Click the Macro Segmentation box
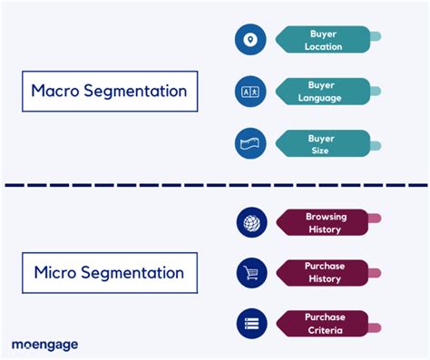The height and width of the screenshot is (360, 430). click(x=109, y=91)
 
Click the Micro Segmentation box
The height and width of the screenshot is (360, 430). click(x=108, y=273)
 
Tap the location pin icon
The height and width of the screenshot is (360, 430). click(x=249, y=40)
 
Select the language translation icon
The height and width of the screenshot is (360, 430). click(x=249, y=92)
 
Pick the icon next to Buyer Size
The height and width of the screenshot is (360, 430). click(x=249, y=143)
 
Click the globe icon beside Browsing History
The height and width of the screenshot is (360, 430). click(x=249, y=222)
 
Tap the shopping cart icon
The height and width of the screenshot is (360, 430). click(x=249, y=273)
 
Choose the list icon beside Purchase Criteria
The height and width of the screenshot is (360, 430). click(x=249, y=324)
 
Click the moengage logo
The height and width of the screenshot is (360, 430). click(x=44, y=345)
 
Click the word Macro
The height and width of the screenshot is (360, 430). click(x=55, y=91)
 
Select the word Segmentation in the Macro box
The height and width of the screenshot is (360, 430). click(x=135, y=92)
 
